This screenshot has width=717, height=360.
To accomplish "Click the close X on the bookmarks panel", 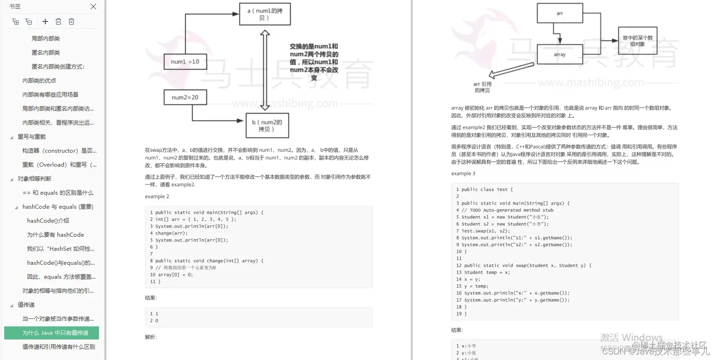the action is [x=93, y=7].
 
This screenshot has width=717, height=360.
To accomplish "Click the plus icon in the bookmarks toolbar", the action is [x=45, y=21].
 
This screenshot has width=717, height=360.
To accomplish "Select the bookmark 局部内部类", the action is [x=46, y=38].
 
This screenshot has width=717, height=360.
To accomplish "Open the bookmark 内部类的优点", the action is [x=39, y=80].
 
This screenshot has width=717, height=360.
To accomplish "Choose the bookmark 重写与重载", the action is [x=32, y=136].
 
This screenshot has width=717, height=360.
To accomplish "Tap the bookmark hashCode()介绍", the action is [x=48, y=220].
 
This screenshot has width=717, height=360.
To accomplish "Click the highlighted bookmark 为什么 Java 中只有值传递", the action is [x=55, y=332].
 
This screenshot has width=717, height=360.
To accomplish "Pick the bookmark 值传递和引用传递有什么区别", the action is [x=58, y=346].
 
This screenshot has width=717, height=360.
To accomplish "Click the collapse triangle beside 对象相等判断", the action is [x=12, y=179].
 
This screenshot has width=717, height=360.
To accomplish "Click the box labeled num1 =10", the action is [x=185, y=62].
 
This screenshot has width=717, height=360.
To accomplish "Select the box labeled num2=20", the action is [x=185, y=97].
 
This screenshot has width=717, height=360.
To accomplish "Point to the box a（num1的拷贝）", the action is [x=265, y=14].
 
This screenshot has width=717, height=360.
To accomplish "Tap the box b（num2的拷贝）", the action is [x=267, y=125].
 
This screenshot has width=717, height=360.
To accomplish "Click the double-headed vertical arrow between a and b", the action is [x=265, y=70].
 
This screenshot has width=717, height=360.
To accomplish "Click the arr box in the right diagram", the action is [x=560, y=14].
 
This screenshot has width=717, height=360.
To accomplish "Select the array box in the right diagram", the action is [x=559, y=55].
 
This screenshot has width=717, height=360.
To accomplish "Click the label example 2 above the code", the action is [x=157, y=197].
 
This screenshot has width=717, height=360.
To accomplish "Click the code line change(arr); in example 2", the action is [x=171, y=233].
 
